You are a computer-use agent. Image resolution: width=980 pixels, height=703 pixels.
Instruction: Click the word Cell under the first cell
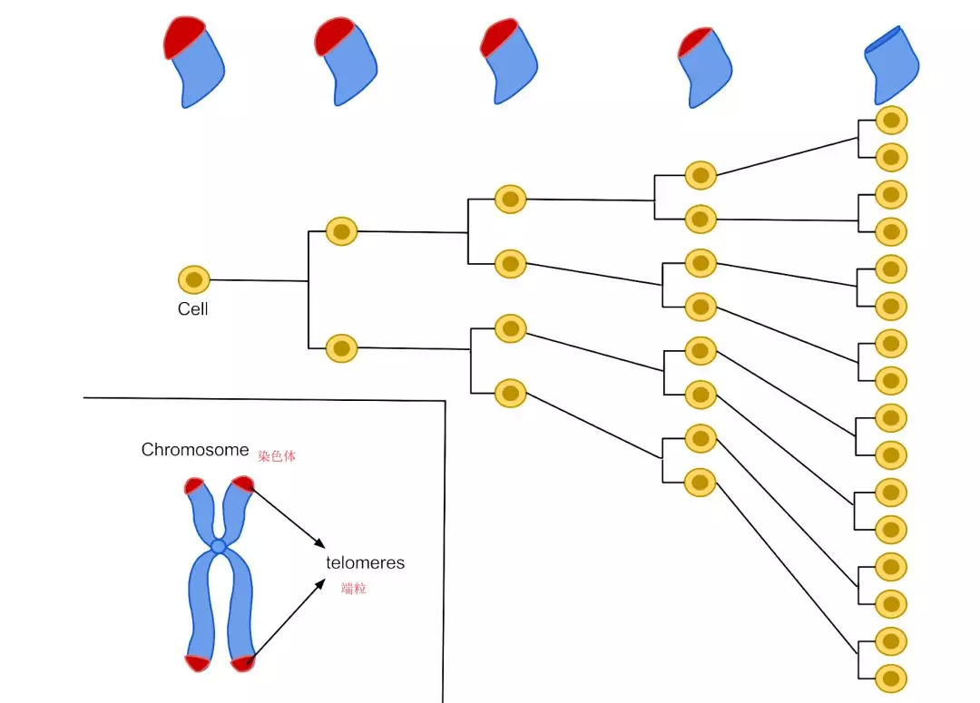[x=192, y=309]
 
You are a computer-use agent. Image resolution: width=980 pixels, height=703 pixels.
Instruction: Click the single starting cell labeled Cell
[x=194, y=279]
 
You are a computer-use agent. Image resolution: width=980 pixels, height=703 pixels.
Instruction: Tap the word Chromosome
[x=195, y=450]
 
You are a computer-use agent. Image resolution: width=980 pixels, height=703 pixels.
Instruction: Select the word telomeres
[x=366, y=563]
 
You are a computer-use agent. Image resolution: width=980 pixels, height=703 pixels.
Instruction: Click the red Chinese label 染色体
[x=277, y=456]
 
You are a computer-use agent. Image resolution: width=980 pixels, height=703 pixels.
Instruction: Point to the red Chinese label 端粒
[x=354, y=589]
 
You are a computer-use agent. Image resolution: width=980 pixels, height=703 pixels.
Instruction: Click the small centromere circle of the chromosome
[x=218, y=546]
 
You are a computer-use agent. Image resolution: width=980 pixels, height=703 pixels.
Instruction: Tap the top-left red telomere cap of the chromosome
[x=194, y=485]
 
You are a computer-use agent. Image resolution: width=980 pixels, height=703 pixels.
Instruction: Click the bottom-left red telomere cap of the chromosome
[x=196, y=662]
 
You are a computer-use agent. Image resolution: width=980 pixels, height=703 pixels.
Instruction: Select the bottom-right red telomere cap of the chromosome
[x=242, y=663]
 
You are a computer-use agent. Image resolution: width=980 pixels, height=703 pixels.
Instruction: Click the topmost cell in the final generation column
[x=891, y=120]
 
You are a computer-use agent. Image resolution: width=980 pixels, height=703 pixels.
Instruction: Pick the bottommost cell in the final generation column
[x=891, y=678]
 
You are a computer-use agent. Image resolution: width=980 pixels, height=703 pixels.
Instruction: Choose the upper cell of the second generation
[x=342, y=230]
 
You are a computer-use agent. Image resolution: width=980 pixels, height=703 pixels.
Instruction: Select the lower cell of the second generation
[x=342, y=347]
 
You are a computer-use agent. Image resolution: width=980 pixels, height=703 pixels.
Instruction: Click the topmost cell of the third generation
[x=511, y=199]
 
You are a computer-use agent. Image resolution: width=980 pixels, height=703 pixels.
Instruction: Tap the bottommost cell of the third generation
[x=511, y=394]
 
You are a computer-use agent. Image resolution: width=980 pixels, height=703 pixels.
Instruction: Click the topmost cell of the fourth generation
[x=701, y=175]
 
